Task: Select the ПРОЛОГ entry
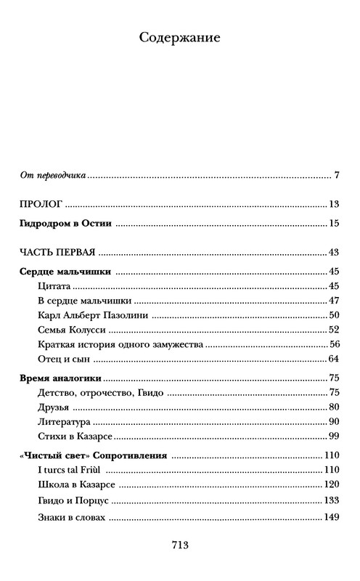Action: tap(39, 205)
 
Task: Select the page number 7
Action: tap(337, 175)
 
